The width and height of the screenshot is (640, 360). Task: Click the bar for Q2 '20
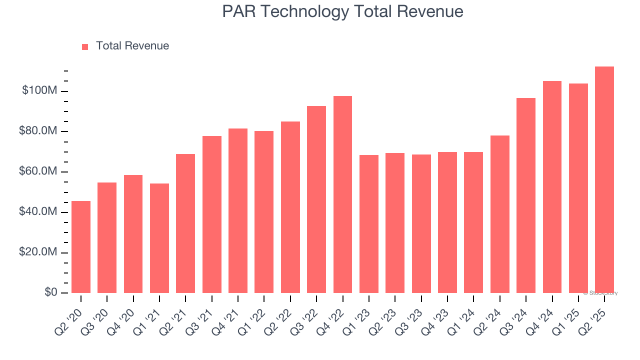pyautogui.click(x=81, y=247)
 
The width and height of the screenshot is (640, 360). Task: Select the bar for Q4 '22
pyautogui.click(x=342, y=194)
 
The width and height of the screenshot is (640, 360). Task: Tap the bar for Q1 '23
pyautogui.click(x=368, y=224)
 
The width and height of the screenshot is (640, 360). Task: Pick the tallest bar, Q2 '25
pyautogui.click(x=604, y=180)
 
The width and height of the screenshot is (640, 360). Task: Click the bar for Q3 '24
pyautogui.click(x=525, y=195)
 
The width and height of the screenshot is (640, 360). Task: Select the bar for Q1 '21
pyautogui.click(x=159, y=238)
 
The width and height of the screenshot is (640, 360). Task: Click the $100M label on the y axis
pyautogui.click(x=39, y=91)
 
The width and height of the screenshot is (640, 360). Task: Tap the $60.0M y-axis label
pyautogui.click(x=38, y=172)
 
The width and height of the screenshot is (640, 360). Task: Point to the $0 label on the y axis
pyautogui.click(x=50, y=292)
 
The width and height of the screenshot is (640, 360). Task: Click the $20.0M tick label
pyautogui.click(x=38, y=252)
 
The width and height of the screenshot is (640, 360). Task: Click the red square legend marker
pyautogui.click(x=85, y=46)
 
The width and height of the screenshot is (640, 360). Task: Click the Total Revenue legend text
pyautogui.click(x=132, y=46)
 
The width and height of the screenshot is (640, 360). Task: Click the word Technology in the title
pyautogui.click(x=304, y=11)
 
